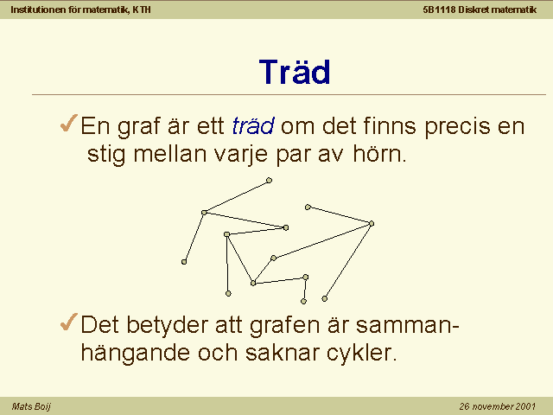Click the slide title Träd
click(x=295, y=72)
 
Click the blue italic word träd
click(x=253, y=125)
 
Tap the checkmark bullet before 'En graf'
click(x=69, y=123)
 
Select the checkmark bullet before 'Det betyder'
click(x=69, y=322)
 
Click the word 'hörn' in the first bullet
click(x=379, y=154)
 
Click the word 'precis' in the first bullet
click(x=457, y=126)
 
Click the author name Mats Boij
click(x=31, y=406)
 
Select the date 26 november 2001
click(x=498, y=406)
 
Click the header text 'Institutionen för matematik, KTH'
click(x=80, y=10)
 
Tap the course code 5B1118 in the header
click(x=439, y=10)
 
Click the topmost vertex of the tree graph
click(x=269, y=181)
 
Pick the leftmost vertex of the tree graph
click(x=184, y=262)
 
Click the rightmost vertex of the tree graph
click(x=372, y=223)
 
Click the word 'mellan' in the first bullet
click(x=170, y=154)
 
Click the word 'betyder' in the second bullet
click(x=167, y=325)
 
